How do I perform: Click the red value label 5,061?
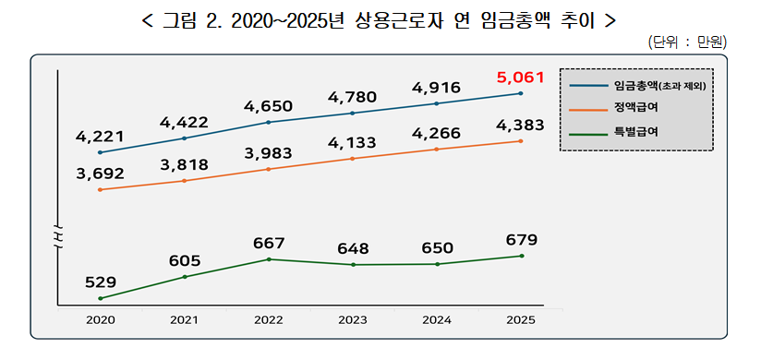point(520,77)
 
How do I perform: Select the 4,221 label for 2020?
point(100,138)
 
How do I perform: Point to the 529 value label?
point(100,282)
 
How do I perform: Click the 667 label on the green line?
point(268,244)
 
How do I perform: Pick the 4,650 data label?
point(268,106)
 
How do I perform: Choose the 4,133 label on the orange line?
point(352,143)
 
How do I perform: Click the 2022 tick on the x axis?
point(268,319)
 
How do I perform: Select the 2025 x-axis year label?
point(521,319)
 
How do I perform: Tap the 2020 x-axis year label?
point(100,319)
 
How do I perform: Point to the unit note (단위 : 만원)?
point(688,42)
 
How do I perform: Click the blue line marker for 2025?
point(521,93)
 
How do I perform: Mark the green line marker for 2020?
point(100,298)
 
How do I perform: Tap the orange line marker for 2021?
point(184,181)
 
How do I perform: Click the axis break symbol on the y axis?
point(57,238)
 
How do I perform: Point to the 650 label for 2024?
point(437,248)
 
